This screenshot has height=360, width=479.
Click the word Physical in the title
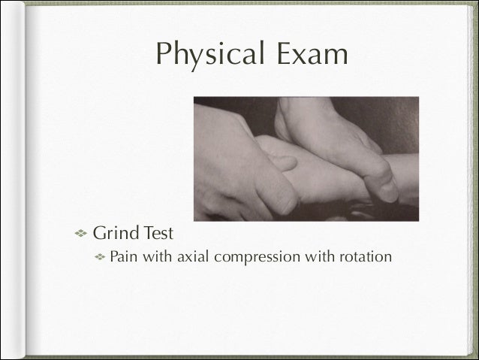coord(202,55)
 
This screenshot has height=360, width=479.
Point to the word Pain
coord(124,257)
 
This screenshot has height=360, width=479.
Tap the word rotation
coord(365,257)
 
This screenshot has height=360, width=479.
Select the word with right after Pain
coord(158,257)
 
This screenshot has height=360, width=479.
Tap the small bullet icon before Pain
coord(98,257)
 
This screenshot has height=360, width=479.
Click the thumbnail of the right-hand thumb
coord(387,183)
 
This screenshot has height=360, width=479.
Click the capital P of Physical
coord(160,55)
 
